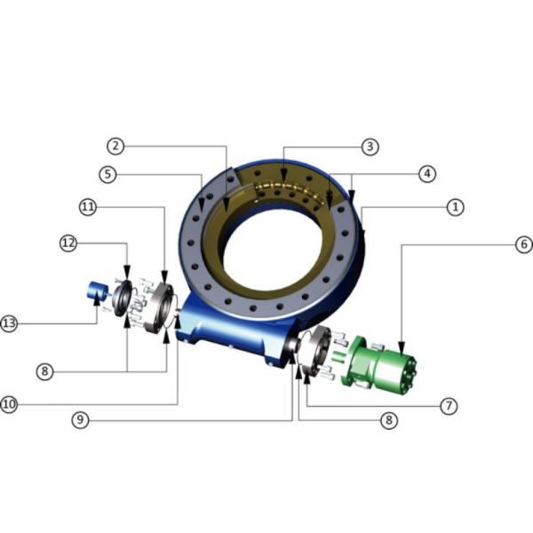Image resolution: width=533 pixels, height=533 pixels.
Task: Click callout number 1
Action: tap(455, 207)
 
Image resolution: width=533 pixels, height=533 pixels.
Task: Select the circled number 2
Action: tap(115, 147)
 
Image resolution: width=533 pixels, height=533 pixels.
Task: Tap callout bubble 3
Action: tap(370, 147)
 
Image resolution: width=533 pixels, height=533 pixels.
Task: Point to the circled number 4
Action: tap(427, 174)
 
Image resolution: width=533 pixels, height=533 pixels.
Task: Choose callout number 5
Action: tap(107, 174)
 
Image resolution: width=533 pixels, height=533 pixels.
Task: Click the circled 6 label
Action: tap(524, 244)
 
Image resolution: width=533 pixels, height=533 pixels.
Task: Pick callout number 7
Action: tap(449, 406)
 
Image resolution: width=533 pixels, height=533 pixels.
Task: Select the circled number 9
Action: tap(80, 420)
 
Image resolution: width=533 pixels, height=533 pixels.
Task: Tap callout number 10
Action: tap(9, 404)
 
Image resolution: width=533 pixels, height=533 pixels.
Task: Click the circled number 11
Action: tap(88, 207)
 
